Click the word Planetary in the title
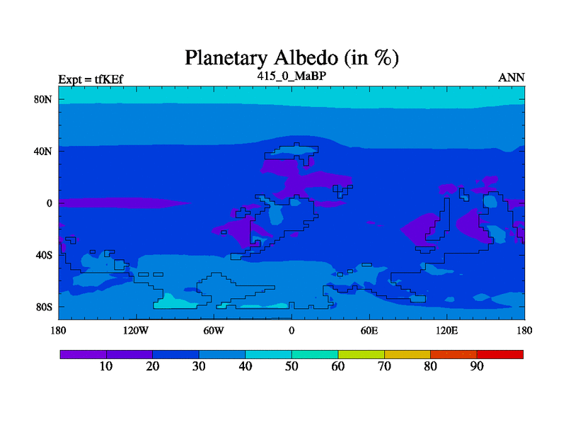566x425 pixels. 226,58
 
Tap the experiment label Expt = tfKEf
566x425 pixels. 91,79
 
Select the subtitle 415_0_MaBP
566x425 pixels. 291,76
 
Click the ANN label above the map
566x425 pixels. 511,78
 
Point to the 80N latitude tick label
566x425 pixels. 43,99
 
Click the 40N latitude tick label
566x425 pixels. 43,151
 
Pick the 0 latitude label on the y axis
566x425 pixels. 49,203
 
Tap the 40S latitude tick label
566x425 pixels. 44,255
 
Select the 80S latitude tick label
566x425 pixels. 44,307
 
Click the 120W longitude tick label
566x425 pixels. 136,330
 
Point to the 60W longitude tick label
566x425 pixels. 214,330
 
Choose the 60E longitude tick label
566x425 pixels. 369,330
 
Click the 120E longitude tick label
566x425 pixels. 447,330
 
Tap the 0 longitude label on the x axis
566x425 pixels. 291,330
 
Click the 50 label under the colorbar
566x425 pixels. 291,366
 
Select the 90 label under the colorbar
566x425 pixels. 477,366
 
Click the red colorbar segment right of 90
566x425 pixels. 500,354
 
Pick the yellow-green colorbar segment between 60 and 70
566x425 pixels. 362,354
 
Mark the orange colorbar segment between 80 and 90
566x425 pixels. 454,354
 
